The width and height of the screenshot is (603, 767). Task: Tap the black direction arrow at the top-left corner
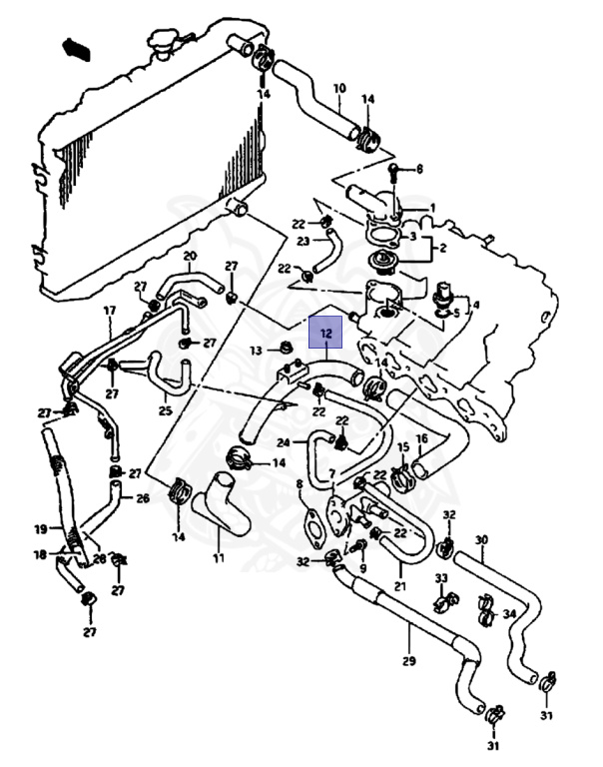pyautogui.click(x=76, y=47)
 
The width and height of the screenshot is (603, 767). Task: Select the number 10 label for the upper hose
pyautogui.click(x=338, y=88)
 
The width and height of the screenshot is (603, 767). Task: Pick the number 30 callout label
pyautogui.click(x=481, y=540)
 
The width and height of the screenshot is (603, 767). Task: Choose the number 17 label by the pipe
pyautogui.click(x=110, y=311)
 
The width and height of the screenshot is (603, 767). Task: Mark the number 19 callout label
pyautogui.click(x=41, y=529)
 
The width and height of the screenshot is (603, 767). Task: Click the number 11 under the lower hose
pyautogui.click(x=218, y=558)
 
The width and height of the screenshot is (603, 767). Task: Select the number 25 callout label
pyautogui.click(x=165, y=410)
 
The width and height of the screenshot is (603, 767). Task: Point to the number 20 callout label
pyautogui.click(x=189, y=257)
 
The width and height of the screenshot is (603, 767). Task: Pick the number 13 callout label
pyautogui.click(x=257, y=351)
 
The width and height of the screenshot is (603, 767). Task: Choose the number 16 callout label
pyautogui.click(x=421, y=438)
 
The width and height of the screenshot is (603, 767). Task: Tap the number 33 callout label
pyautogui.click(x=440, y=579)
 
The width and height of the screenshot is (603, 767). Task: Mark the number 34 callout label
pyautogui.click(x=509, y=613)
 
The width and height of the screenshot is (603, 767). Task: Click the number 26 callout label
pyautogui.click(x=143, y=498)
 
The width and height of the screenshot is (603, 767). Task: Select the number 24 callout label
pyautogui.click(x=284, y=442)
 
